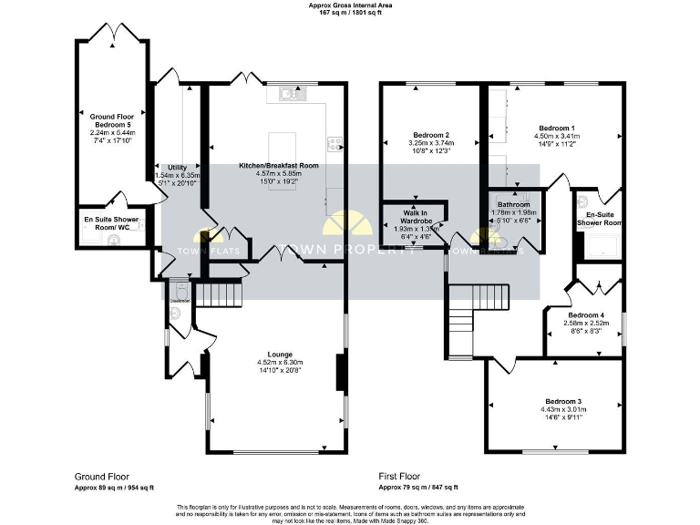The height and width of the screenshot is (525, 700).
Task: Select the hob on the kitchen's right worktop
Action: pyautogui.click(x=336, y=142)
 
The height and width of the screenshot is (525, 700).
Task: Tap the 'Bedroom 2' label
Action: pyautogui.click(x=431, y=134)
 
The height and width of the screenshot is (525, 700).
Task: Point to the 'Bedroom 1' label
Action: pyautogui.click(x=556, y=128)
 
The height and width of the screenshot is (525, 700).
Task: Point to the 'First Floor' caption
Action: pyautogui.click(x=399, y=476)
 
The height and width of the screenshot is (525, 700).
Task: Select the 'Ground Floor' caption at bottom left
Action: pyautogui.click(x=101, y=476)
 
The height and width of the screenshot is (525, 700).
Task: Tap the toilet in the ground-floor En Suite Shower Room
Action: pyautogui.click(x=113, y=240)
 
